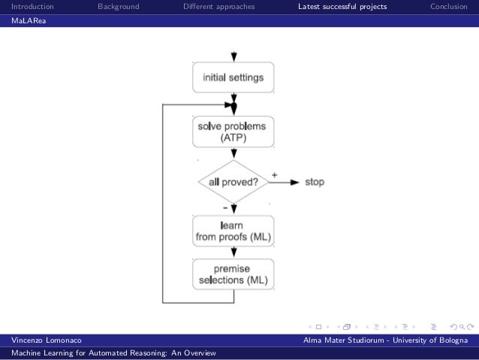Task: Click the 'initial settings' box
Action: pos(233,77)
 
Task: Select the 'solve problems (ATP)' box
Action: pos(233,132)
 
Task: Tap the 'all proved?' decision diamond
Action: pos(233,182)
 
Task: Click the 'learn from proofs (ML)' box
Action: pos(233,231)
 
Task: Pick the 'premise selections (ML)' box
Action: pos(233,274)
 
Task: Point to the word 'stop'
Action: pos(315,182)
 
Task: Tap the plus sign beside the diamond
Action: pos(274,174)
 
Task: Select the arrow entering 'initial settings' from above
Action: pos(234,56)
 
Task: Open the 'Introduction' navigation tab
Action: pos(32,7)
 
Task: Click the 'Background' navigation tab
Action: pos(118,7)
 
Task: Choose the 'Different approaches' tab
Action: pos(218,7)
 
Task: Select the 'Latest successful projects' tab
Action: pos(342,7)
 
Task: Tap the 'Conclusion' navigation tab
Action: pos(453,7)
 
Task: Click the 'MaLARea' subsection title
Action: pos(28,20)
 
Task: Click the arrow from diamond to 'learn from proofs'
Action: pos(234,208)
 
